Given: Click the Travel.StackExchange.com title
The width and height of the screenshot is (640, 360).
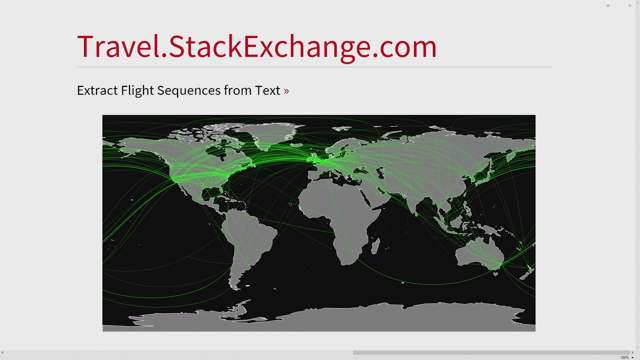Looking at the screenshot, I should (x=256, y=46).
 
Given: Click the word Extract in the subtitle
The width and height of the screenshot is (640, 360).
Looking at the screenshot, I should (x=98, y=90).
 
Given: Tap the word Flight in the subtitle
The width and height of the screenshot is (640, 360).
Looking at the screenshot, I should (x=137, y=90).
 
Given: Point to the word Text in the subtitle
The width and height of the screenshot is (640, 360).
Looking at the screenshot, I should (x=267, y=90).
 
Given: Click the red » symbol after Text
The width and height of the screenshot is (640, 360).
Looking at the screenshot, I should (x=286, y=91).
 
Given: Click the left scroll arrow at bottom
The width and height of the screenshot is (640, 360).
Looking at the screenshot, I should (x=2, y=353).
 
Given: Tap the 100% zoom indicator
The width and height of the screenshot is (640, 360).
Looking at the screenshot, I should (x=624, y=357).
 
